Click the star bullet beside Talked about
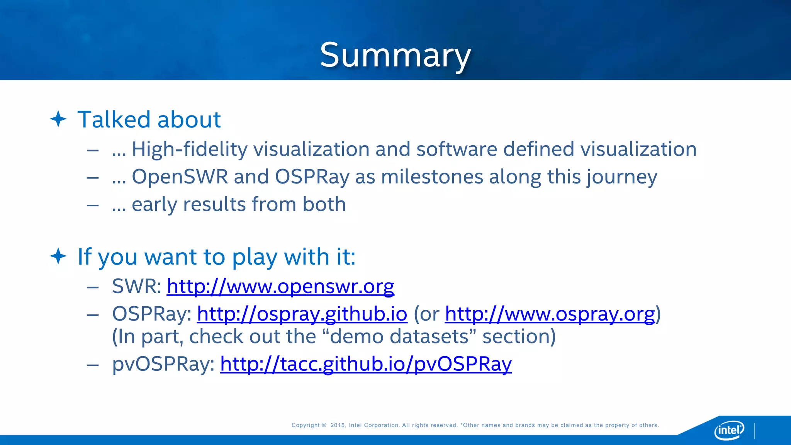click(58, 119)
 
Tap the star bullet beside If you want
click(58, 256)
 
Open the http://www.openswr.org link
click(280, 286)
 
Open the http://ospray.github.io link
click(302, 314)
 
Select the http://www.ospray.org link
click(550, 314)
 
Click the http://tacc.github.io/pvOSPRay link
click(366, 364)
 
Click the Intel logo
click(729, 430)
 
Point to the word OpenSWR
click(180, 177)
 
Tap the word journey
click(621, 177)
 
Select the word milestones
click(432, 177)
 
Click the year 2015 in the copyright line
click(338, 425)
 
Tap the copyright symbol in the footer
click(324, 425)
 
